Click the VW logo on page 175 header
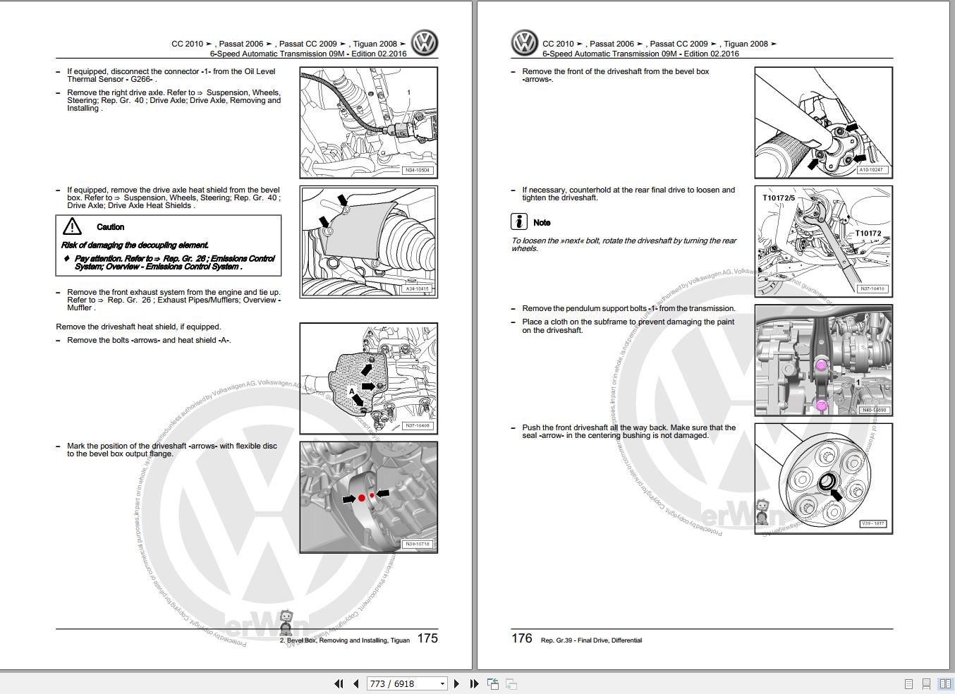tap(425, 44)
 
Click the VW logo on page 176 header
tap(524, 44)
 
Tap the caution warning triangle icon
tap(72, 226)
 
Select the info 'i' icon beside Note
tap(519, 221)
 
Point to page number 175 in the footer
tap(427, 638)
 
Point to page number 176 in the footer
tap(521, 638)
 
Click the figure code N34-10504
tap(417, 170)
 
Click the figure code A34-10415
tap(417, 288)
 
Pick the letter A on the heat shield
tap(352, 391)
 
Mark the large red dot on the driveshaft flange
tap(362, 498)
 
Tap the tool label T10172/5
tap(779, 198)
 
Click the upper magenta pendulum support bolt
tap(821, 365)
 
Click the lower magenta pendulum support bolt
tap(821, 406)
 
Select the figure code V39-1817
tap(872, 524)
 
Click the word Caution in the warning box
tap(110, 227)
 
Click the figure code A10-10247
tap(872, 170)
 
